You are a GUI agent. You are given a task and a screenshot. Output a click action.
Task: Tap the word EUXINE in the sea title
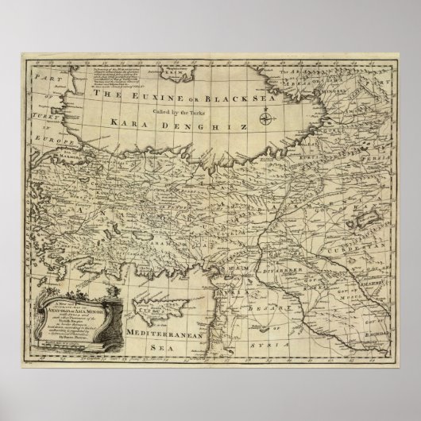pos(161,95)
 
